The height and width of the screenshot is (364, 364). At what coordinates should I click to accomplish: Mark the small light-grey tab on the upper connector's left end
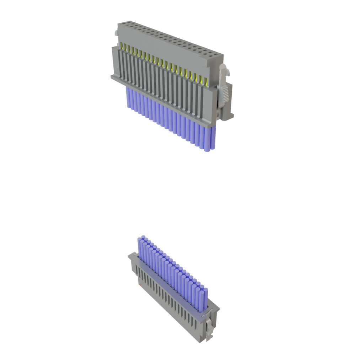click(116, 34)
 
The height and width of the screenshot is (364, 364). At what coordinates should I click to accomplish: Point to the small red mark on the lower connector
click(141, 285)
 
